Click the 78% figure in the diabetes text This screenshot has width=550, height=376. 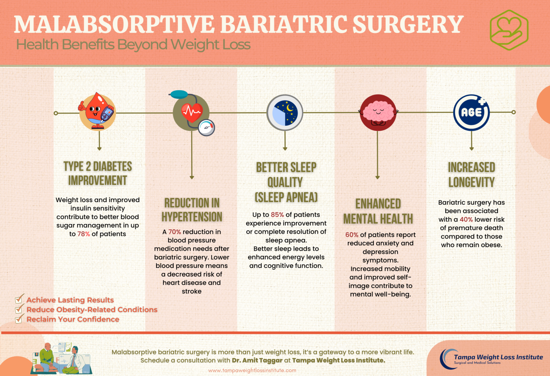point(83,234)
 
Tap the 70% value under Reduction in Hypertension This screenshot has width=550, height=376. point(174,232)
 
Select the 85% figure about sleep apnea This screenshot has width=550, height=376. point(277,214)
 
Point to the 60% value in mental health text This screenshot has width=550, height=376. point(352,235)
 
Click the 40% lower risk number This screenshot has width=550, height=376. point(466,219)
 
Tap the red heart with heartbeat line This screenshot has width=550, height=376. point(192,112)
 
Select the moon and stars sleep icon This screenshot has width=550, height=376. point(285,112)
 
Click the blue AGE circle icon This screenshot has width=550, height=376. point(471,112)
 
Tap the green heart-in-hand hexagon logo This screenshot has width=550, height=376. point(509,30)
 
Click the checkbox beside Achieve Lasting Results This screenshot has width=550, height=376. point(19,299)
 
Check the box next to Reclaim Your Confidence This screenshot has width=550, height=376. point(19,319)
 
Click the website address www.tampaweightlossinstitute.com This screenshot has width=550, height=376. point(252,370)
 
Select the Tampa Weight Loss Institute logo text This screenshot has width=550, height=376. point(498,357)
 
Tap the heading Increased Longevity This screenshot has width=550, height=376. point(471,174)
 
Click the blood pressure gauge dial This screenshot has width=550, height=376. point(206,127)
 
